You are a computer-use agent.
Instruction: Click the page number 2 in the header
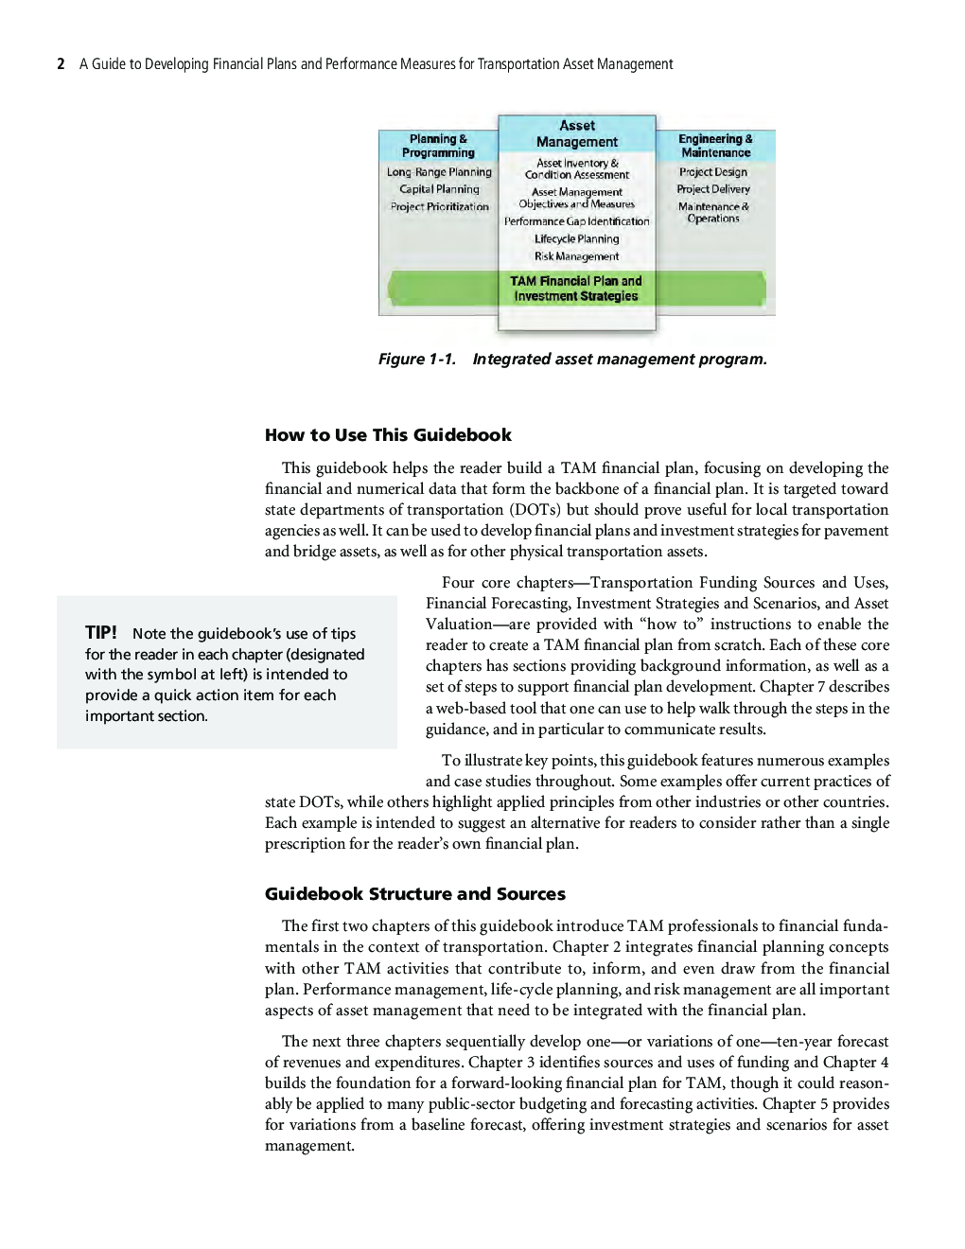61,64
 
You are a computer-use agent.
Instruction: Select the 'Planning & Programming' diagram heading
438,146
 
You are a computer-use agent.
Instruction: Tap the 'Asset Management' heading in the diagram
576,133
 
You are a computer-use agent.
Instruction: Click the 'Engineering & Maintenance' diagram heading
715,146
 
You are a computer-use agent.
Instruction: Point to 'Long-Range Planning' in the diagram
439,172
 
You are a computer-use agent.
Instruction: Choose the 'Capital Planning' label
439,189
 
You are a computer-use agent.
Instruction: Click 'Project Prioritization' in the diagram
439,206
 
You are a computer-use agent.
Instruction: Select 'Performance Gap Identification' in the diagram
576,221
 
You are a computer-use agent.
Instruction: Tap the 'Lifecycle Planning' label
576,239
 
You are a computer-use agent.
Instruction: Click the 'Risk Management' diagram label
576,256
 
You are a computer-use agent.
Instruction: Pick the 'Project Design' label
713,172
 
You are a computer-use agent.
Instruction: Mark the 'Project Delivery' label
713,189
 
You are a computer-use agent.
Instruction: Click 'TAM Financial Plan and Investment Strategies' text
576,289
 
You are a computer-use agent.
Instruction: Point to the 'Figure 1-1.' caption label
417,360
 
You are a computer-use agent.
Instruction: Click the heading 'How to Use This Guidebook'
388,435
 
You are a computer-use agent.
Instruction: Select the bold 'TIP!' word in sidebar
101,633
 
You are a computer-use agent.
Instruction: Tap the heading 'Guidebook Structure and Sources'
415,894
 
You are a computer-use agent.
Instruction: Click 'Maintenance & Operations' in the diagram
713,213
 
